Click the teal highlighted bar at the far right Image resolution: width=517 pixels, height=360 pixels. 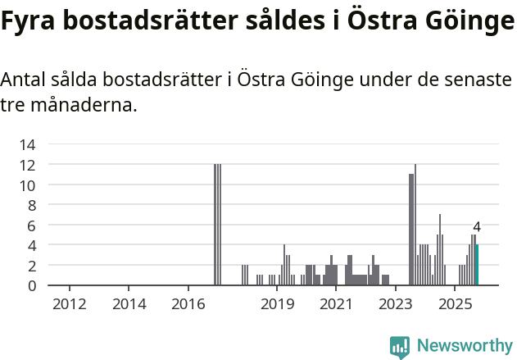(x=477, y=265)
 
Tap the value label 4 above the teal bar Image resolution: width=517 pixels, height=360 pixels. (x=477, y=227)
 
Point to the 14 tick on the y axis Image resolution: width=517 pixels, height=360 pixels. (x=27, y=144)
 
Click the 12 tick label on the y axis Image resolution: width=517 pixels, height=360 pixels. (x=27, y=165)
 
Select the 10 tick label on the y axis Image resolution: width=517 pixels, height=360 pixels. (x=27, y=185)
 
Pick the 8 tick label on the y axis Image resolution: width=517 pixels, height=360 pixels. (x=31, y=205)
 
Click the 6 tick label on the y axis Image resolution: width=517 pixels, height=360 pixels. (x=31, y=226)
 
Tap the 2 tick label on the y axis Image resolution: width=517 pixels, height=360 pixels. (x=31, y=266)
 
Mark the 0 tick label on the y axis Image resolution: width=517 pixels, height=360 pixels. (x=31, y=285)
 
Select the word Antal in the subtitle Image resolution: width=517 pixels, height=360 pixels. (x=25, y=81)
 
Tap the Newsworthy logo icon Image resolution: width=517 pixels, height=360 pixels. (x=400, y=346)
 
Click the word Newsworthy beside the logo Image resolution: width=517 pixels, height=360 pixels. (x=465, y=346)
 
